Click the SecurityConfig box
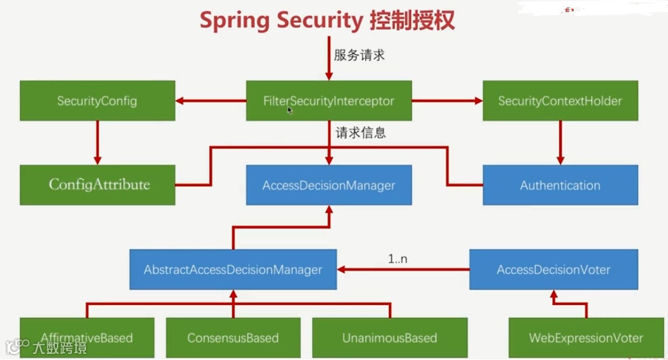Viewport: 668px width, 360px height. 97,101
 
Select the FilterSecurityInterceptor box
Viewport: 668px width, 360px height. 329,101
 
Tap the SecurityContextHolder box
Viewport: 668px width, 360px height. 560,101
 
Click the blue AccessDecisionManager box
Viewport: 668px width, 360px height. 329,184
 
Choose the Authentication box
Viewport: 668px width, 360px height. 560,184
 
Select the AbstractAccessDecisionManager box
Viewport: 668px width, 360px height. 232,269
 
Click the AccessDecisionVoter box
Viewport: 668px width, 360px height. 554,269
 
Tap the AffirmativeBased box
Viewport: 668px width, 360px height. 87,338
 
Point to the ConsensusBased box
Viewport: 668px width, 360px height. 233,338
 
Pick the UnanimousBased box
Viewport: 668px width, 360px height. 390,338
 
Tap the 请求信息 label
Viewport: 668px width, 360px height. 360,133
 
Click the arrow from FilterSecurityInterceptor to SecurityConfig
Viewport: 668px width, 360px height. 211,102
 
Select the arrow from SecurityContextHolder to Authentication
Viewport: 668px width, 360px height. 560,142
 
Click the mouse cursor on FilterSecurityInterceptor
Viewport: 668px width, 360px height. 290,110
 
